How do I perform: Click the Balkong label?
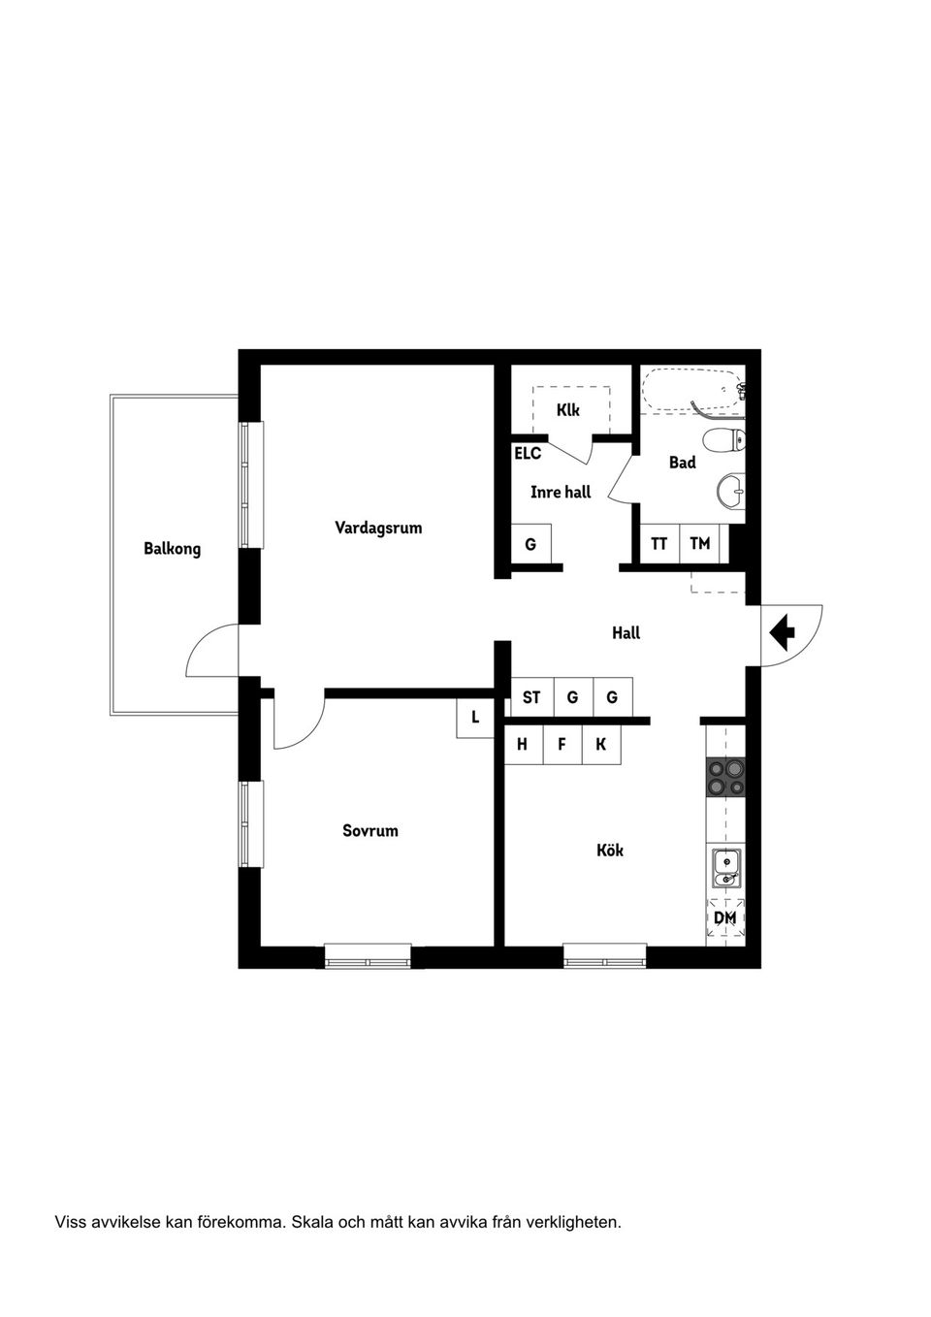click(173, 549)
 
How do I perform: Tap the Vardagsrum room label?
click(378, 528)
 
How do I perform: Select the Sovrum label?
click(370, 831)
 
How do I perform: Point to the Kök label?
click(610, 851)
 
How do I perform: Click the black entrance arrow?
click(783, 632)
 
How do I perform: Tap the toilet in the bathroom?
click(724, 440)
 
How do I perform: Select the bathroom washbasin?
click(731, 490)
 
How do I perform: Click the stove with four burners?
click(725, 777)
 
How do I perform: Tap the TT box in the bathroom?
click(659, 544)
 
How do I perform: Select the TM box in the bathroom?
click(699, 544)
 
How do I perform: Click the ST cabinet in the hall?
click(531, 697)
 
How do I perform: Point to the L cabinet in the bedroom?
click(475, 718)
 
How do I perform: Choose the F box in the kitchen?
click(562, 745)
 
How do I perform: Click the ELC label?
click(528, 454)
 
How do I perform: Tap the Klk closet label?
click(567, 410)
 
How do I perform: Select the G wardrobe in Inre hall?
click(530, 544)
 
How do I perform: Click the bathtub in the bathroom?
click(693, 391)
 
